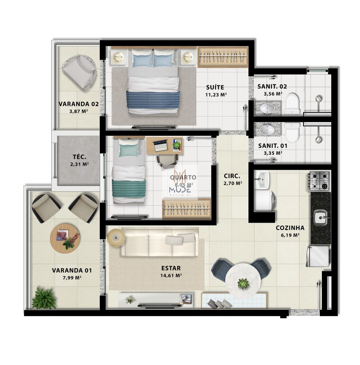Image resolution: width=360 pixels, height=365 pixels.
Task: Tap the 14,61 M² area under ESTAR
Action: [171, 275]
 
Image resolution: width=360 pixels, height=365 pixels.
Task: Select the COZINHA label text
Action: [290, 228]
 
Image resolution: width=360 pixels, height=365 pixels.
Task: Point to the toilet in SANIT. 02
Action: [292, 103]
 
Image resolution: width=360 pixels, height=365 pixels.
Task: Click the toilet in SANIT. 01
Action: [292, 132]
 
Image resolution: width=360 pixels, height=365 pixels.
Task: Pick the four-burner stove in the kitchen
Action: [319, 181]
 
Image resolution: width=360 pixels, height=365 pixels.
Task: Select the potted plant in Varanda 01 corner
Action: [44, 298]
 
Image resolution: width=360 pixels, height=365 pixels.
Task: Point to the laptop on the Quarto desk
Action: [160, 145]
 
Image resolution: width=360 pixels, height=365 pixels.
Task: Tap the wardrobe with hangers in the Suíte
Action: [222, 57]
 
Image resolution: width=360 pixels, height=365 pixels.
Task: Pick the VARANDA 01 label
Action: [72, 270]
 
